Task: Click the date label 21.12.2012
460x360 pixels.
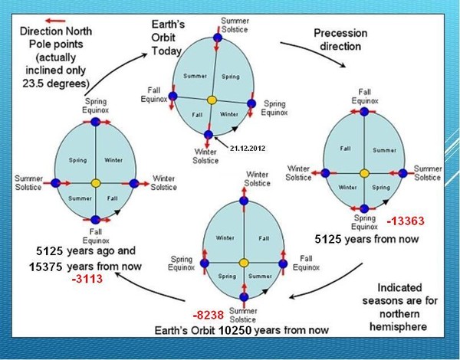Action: click(x=248, y=149)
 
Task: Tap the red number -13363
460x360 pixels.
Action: click(x=406, y=221)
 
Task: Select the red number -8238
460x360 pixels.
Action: click(x=209, y=316)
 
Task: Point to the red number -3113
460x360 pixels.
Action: click(x=87, y=279)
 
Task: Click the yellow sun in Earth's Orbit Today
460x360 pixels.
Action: click(x=212, y=100)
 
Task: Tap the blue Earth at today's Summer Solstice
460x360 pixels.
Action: click(x=218, y=38)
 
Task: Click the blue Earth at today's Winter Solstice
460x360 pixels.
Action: click(x=209, y=135)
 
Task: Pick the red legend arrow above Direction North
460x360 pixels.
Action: click(x=55, y=21)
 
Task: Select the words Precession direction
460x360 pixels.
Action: click(x=340, y=40)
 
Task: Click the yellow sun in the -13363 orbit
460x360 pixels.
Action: click(x=364, y=173)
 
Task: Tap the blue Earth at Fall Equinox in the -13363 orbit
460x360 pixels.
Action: click(x=364, y=112)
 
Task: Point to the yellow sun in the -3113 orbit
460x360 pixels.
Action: click(x=96, y=184)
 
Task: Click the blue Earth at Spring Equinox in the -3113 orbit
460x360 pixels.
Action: click(x=95, y=122)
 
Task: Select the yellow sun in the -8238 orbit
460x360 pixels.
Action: click(x=244, y=263)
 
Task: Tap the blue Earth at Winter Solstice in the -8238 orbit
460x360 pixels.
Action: click(x=244, y=201)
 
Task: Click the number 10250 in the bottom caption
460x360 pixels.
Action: click(x=235, y=330)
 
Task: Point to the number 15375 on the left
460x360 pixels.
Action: click(x=45, y=267)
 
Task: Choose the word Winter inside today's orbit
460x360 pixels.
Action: click(x=228, y=114)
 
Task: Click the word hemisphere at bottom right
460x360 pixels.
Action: click(x=398, y=326)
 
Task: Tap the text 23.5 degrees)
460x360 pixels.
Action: click(x=56, y=83)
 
